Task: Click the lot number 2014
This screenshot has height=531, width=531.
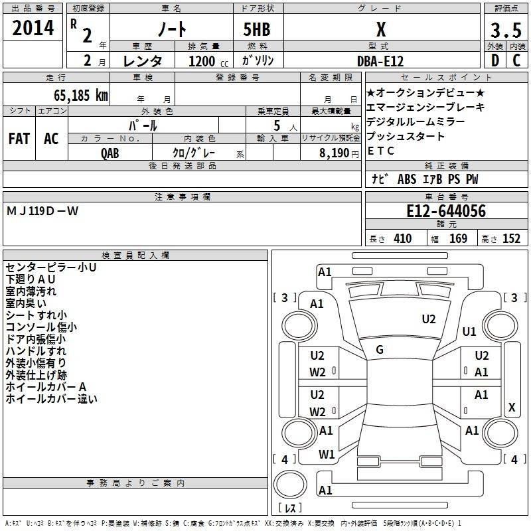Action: coord(33,28)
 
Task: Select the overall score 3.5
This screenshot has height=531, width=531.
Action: coord(506,30)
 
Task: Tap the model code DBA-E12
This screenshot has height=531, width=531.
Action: coord(380,61)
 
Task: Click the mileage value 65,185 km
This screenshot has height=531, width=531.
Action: coord(80,96)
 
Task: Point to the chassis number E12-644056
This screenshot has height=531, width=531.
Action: coord(446,211)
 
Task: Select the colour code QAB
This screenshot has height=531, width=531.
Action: coord(110,153)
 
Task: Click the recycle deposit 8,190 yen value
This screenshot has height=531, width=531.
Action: coord(339,153)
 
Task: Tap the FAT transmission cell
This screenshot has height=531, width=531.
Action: coord(19,139)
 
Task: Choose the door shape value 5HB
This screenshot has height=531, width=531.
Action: coord(257,29)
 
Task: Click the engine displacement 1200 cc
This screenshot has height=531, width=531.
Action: coord(208,61)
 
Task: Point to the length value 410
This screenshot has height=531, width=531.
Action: coord(403,238)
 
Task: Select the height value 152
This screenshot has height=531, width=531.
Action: coord(511,238)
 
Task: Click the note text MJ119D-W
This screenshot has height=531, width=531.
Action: coord(42,211)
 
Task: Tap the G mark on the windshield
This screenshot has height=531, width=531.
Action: coord(380,350)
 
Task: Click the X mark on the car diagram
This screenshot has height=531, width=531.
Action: coord(512,407)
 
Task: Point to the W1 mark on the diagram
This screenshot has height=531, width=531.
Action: coord(327,454)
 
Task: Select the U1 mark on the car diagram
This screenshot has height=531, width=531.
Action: coord(469,331)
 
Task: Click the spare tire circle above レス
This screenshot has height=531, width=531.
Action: coord(290,484)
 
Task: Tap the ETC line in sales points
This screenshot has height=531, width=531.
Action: coord(380,151)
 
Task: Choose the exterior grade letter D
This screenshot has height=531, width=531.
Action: coord(494,60)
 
